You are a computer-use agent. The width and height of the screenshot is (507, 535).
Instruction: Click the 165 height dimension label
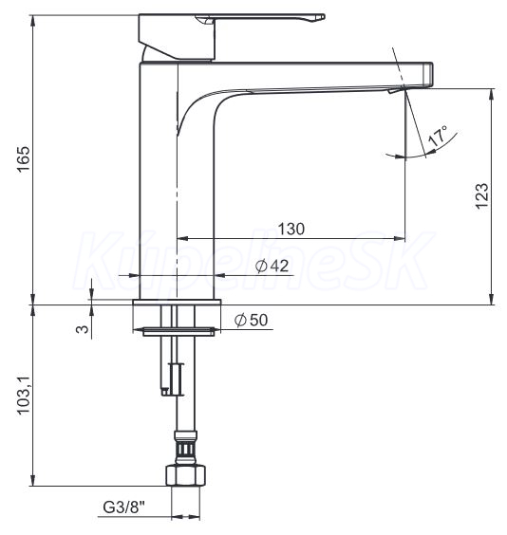point(24,159)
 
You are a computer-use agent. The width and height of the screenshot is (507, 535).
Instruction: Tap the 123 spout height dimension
point(481,196)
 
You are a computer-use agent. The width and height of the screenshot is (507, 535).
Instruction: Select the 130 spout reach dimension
point(291,229)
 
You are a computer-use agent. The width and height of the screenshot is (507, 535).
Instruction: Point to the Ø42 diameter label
point(272,267)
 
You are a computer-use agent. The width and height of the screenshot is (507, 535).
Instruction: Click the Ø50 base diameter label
point(252,320)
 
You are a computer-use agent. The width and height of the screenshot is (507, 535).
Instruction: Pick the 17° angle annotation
point(438,136)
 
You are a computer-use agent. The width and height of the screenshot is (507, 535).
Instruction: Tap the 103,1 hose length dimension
point(24,396)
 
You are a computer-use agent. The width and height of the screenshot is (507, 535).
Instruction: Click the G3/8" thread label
point(124,507)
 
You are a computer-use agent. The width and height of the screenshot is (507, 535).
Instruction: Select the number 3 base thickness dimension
point(83,329)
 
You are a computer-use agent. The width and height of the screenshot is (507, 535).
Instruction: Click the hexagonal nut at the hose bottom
point(186,474)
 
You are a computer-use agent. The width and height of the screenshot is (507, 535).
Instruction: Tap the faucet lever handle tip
point(321,17)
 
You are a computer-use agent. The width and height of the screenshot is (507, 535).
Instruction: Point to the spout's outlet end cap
point(428,74)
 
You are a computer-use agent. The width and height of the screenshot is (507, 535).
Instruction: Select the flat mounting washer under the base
point(178,331)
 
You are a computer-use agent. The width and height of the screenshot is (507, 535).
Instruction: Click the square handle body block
point(177,38)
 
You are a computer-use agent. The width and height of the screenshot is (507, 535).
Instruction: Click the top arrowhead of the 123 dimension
point(492,94)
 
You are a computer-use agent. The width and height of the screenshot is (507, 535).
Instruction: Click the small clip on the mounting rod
point(173,379)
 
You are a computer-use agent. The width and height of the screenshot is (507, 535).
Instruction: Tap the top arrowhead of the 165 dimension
point(33,21)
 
